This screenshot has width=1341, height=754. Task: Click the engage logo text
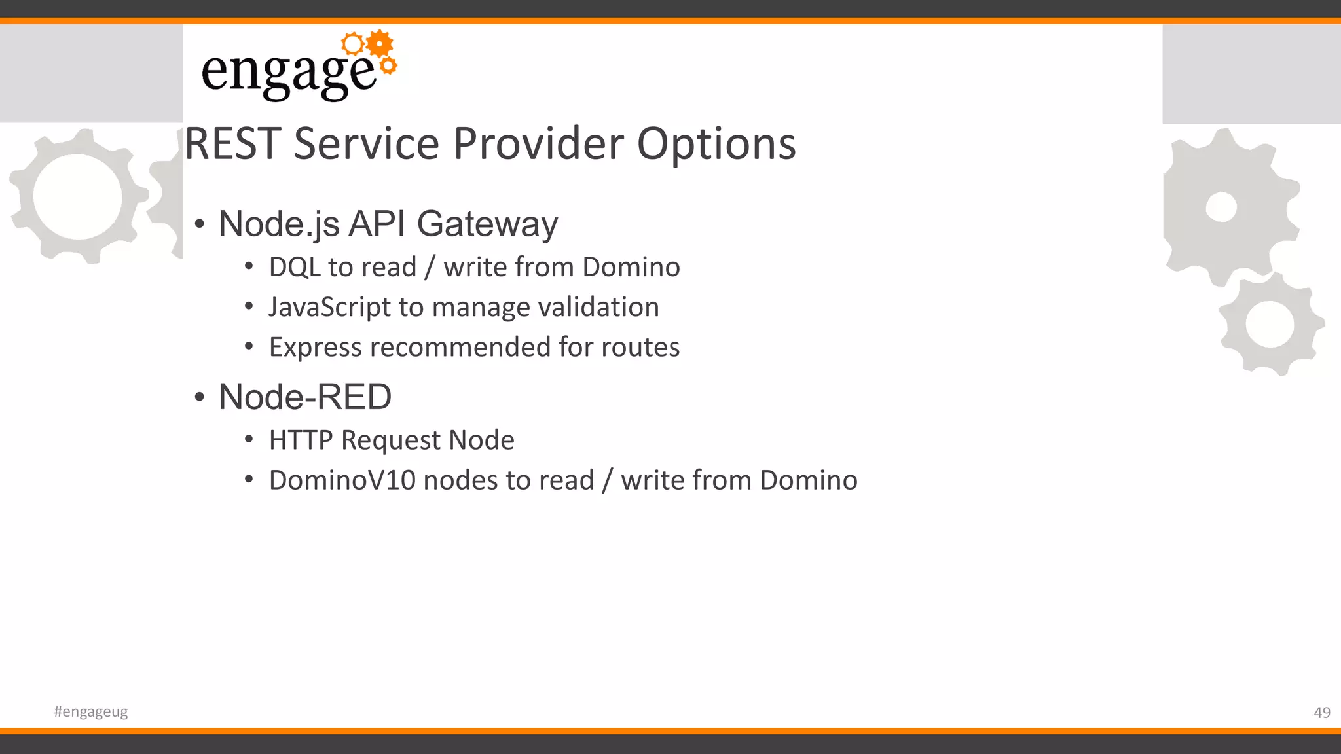point(288,73)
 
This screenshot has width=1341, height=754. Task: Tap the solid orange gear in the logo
point(380,44)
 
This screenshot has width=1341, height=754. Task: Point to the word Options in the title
point(716,144)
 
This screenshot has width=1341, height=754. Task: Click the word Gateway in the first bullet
point(487,224)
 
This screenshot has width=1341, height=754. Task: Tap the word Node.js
point(279,224)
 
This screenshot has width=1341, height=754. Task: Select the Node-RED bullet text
point(305,397)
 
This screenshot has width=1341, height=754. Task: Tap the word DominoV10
point(342,480)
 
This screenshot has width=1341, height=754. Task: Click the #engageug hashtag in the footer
point(91,712)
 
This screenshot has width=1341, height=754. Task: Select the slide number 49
point(1321,713)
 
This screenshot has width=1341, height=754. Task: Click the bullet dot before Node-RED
point(200,397)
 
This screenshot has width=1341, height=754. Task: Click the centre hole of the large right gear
point(1221,207)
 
